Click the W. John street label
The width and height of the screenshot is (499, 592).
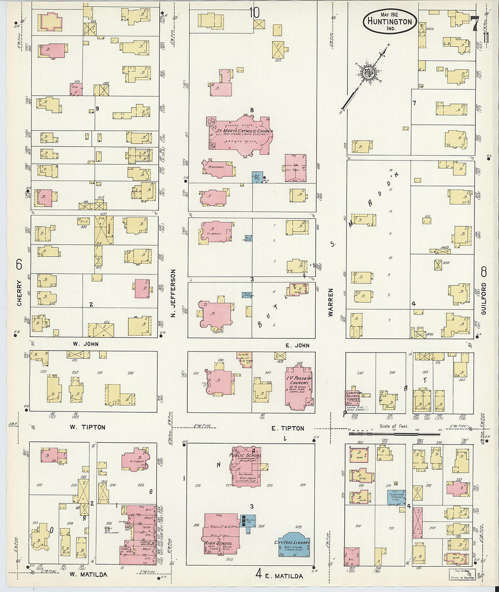(x=85, y=344)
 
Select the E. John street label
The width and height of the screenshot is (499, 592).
(x=297, y=346)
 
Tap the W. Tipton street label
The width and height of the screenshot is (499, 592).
(x=87, y=427)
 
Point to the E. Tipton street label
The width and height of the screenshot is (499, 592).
(x=288, y=428)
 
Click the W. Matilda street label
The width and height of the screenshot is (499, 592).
(x=88, y=574)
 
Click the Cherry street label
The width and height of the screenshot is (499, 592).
(x=20, y=295)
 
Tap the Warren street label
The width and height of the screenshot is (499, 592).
(x=331, y=302)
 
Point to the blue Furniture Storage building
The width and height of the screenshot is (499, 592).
(x=396, y=497)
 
